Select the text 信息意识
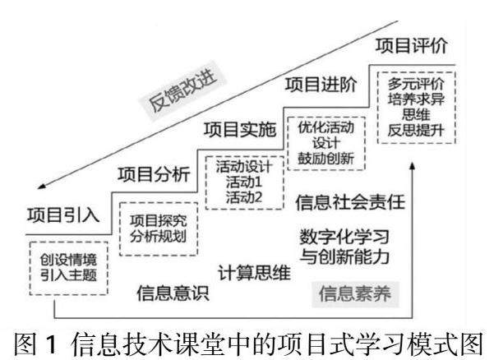tap(164, 290)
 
